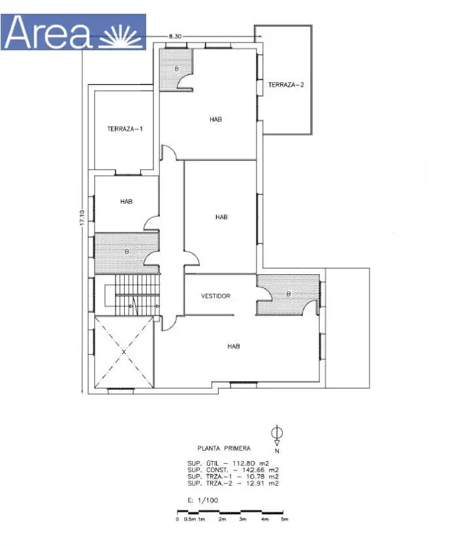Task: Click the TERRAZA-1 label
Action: coord(125,129)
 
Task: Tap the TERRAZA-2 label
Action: coord(286,85)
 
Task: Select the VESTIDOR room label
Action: coord(215,296)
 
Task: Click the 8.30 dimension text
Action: coord(175,36)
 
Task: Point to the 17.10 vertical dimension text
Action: coord(82,217)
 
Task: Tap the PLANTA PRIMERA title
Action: coord(224,448)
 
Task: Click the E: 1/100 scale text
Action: coord(202,500)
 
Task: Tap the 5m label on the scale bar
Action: coord(285,519)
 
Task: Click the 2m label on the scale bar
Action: coord(222,519)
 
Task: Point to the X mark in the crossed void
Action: coord(124,352)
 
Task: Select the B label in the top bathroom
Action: coord(176,69)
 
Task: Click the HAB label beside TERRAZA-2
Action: coord(216,120)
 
